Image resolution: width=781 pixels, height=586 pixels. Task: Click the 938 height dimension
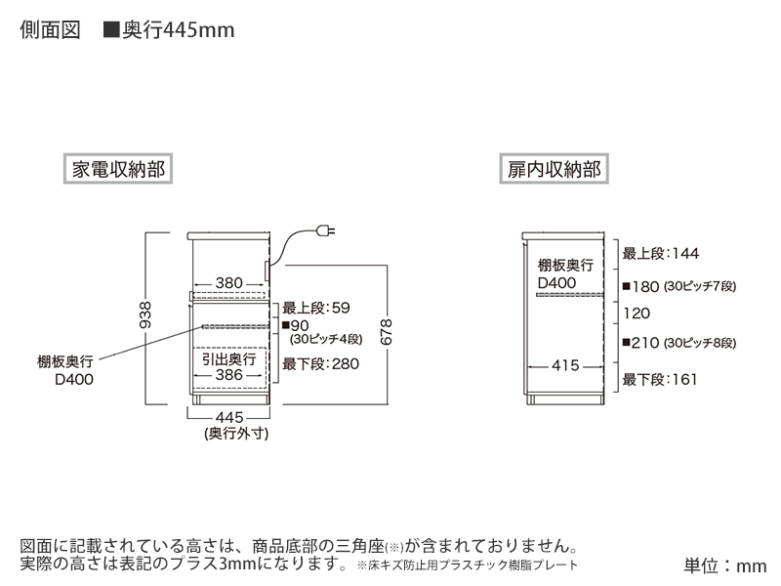click(x=145, y=315)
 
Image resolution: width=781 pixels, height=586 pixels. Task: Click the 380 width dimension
click(x=228, y=283)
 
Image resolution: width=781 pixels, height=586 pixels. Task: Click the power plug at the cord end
click(x=327, y=231)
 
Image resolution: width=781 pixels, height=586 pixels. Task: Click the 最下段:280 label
click(x=320, y=364)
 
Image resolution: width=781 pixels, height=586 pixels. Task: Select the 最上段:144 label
click(x=661, y=254)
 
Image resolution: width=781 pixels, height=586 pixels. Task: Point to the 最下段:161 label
click(x=661, y=378)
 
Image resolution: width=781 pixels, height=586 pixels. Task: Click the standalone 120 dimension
click(x=637, y=314)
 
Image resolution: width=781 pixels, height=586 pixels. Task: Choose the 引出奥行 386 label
click(x=228, y=366)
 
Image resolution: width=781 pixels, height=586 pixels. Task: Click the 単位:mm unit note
click(x=725, y=565)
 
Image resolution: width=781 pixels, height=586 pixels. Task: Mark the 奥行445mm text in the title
click(x=177, y=31)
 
